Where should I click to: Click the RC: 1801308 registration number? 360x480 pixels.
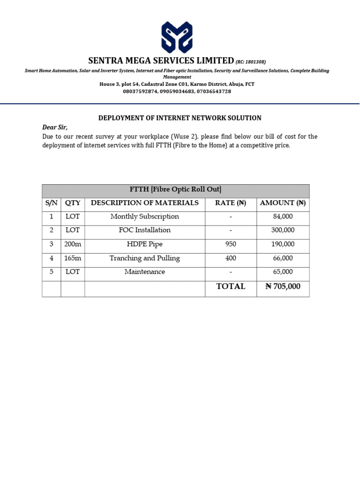[x=251, y=62]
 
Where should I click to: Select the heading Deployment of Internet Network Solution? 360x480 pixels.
[x=180, y=118]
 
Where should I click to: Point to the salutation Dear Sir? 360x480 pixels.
[x=55, y=127]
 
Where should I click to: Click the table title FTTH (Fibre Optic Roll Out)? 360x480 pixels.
[x=175, y=190]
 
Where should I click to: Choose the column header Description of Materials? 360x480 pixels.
[x=144, y=203]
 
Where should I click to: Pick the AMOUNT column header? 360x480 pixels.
[x=283, y=203]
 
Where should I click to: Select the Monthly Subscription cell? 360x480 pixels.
[x=144, y=217]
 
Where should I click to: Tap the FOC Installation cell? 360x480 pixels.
[x=144, y=230]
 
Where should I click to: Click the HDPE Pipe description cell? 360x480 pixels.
[x=144, y=244]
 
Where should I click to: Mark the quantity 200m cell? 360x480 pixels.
[x=73, y=244]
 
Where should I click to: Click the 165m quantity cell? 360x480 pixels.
[x=73, y=258]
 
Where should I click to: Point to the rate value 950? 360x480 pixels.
[x=231, y=244]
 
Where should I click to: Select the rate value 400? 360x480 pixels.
[x=231, y=258]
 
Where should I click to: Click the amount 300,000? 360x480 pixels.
[x=283, y=230]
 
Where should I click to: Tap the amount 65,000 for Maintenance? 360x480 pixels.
[x=283, y=272]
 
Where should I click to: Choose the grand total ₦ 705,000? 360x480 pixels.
[x=283, y=286]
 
